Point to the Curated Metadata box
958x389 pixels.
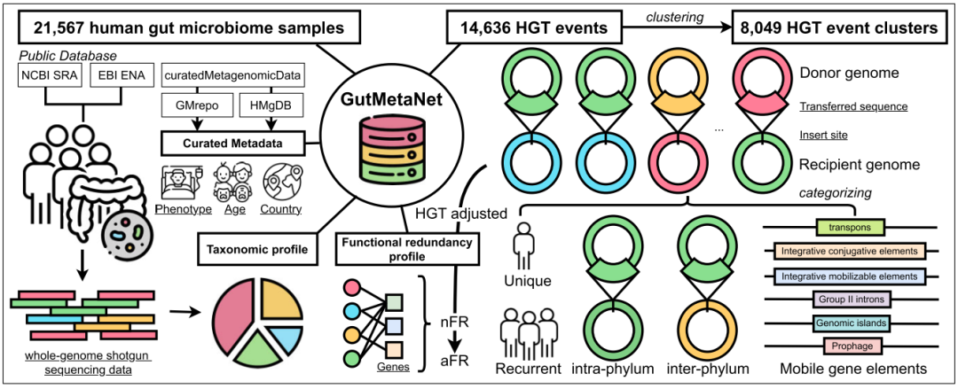229,142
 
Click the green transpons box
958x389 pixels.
844,228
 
